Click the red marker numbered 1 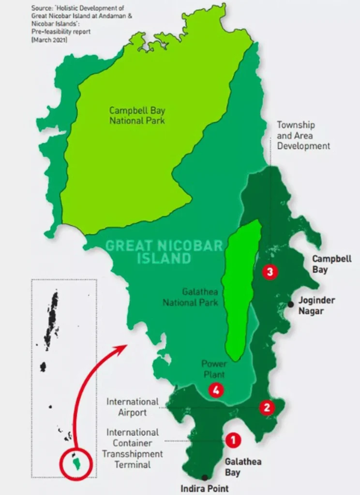coord(233,439)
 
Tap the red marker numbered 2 coord(266,408)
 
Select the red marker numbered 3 coord(270,272)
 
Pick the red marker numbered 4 coord(216,390)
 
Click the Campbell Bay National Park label coord(137,115)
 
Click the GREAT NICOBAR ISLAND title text coord(164,251)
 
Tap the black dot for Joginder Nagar coord(290,304)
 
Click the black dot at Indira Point coord(205,477)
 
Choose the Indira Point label coord(204,488)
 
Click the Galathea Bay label coord(236,467)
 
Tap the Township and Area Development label coord(303,135)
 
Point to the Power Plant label coord(214,369)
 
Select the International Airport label coord(132,407)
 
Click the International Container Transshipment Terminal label coord(132,448)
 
